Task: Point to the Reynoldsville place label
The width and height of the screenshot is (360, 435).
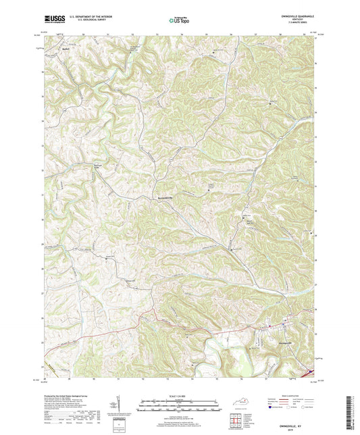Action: [x=165, y=197]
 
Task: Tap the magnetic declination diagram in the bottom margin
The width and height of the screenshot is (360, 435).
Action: [x=120, y=407]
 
